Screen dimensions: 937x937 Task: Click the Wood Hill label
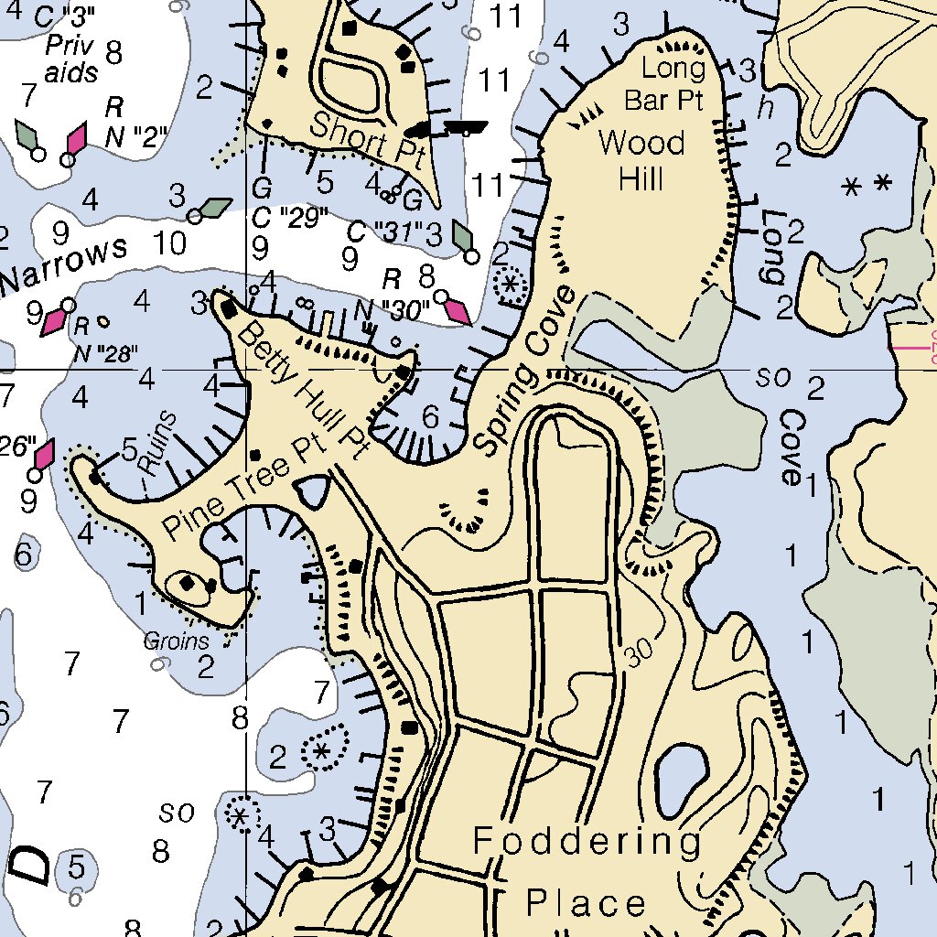coord(641,159)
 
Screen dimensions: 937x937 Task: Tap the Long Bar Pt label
coord(673,83)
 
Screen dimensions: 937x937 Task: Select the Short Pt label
coord(367,140)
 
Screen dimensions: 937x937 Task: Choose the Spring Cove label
coord(526,371)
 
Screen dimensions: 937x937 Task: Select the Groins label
coord(176,641)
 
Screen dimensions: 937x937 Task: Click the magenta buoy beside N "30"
coord(457,312)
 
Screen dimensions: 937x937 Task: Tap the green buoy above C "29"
coord(217,208)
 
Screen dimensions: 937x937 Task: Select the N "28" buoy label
coord(105,352)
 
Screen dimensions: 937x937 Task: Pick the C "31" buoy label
coord(383,231)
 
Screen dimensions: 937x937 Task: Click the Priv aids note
coord(71,59)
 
